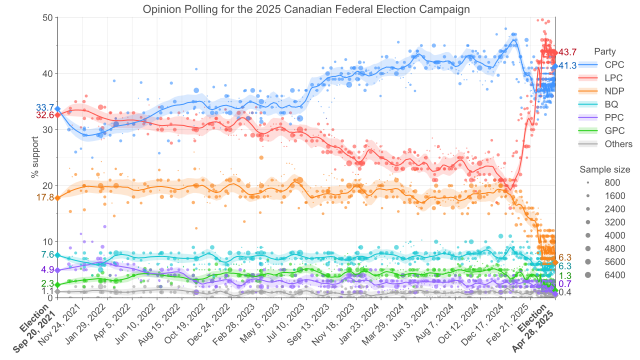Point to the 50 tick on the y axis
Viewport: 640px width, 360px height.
pyautogui.click(x=48, y=18)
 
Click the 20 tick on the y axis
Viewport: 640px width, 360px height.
pyautogui.click(x=48, y=186)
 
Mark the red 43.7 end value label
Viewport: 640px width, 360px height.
pyautogui.click(x=568, y=52)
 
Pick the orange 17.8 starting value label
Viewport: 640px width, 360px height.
pyautogui.click(x=44, y=198)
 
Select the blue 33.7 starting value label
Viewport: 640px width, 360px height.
pyautogui.click(x=44, y=108)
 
